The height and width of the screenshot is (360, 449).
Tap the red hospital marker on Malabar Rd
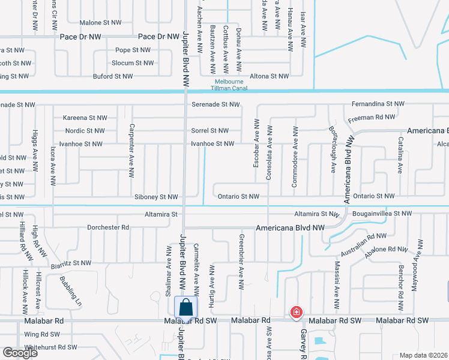point(296,312)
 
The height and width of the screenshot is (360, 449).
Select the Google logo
point(20,353)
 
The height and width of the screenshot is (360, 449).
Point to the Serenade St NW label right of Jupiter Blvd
point(215,104)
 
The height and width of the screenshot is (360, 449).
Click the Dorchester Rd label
point(108,227)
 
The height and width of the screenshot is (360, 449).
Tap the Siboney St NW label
point(156,197)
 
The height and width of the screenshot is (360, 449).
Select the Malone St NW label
point(100,22)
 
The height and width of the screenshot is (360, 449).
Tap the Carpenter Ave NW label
point(130,151)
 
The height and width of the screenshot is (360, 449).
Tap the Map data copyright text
point(423,355)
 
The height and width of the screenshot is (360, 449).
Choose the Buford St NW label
point(112,76)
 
